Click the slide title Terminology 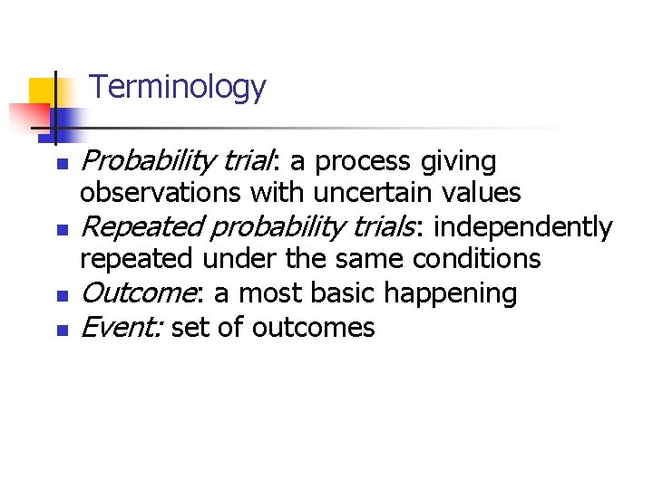pyautogui.click(x=179, y=88)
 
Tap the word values pyautogui.click(x=481, y=193)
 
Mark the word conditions pyautogui.click(x=476, y=259)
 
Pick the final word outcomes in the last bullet pyautogui.click(x=313, y=327)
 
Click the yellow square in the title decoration pyautogui.click(x=43, y=91)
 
